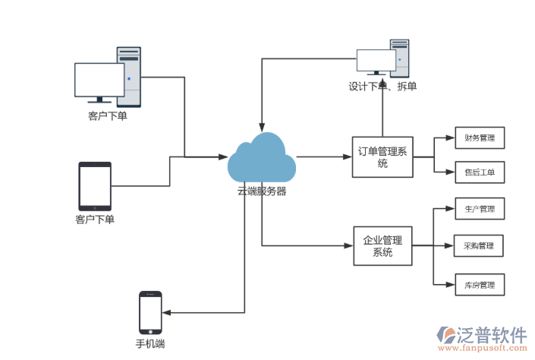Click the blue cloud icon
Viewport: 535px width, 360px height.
pyautogui.click(x=262, y=158)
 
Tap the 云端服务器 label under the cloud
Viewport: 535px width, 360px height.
pyautogui.click(x=262, y=191)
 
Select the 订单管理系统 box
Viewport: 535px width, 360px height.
pyautogui.click(x=382, y=157)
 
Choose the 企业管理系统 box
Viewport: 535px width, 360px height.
pyautogui.click(x=382, y=246)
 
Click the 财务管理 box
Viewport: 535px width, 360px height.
pyautogui.click(x=479, y=138)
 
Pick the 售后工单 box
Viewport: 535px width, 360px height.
pyautogui.click(x=479, y=172)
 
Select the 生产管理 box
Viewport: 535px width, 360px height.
pyautogui.click(x=479, y=208)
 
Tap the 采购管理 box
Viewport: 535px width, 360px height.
pyautogui.click(x=479, y=245)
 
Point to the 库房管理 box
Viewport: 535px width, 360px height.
pyautogui.click(x=479, y=285)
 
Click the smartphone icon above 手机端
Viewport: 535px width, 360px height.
pyautogui.click(x=150, y=312)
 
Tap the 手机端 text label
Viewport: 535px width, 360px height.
pyautogui.click(x=150, y=344)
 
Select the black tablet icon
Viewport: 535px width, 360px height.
pyautogui.click(x=95, y=186)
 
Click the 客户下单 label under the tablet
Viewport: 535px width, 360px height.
pyautogui.click(x=95, y=220)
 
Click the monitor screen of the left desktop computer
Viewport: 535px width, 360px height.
pyautogui.click(x=99, y=80)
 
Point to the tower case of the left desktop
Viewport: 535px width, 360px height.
pyautogui.click(x=129, y=76)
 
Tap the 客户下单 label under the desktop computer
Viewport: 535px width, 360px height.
pyautogui.click(x=107, y=116)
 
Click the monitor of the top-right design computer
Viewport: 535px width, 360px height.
pyautogui.click(x=376, y=61)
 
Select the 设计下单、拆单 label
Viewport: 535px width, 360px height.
pyautogui.click(x=382, y=86)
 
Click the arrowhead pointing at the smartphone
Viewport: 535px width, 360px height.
pyautogui.click(x=166, y=312)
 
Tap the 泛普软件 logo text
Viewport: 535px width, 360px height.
pyautogui.click(x=492, y=334)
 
